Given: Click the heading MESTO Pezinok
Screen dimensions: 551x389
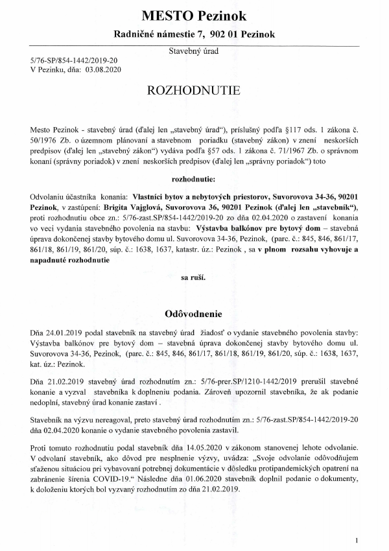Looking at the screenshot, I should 194,15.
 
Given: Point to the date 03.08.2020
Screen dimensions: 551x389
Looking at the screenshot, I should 104,68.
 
